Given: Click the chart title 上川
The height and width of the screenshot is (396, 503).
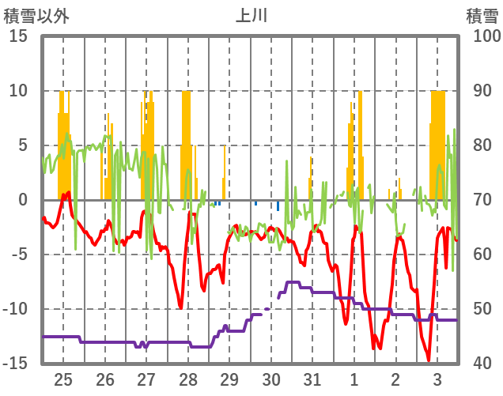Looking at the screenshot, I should pos(251,15).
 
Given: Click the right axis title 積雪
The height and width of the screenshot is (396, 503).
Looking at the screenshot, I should pos(481,15).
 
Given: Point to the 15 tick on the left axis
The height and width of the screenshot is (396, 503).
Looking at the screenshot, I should pos(18,36).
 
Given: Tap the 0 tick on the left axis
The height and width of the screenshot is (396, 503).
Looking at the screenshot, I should pos(22,200).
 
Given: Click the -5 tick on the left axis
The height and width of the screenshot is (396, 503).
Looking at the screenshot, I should pos(18,255).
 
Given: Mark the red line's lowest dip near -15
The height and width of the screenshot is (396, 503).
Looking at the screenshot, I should pos(429,360).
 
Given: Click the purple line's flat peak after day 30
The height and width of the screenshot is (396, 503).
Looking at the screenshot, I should pos(292,282).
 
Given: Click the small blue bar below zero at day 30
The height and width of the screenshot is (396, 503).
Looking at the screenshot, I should pos(278,206).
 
